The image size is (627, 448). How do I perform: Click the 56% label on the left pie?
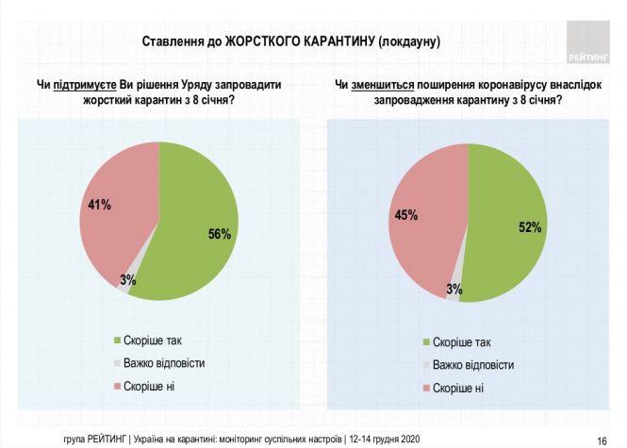[220, 235]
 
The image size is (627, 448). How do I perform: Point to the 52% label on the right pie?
[530, 227]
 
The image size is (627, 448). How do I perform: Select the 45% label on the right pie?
[406, 215]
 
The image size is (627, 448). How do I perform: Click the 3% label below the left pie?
[127, 279]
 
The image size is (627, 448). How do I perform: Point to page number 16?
[601, 440]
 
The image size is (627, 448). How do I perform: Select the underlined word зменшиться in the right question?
[382, 86]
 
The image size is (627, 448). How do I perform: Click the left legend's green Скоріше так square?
[117, 340]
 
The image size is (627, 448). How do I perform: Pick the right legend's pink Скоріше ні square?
[427, 388]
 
